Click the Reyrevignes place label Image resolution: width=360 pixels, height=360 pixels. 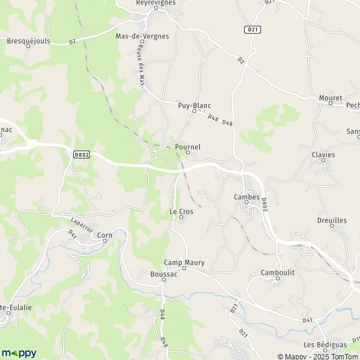tap(155, 3)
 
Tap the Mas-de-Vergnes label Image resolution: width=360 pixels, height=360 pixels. tap(142, 36)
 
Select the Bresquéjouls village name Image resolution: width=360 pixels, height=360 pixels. tap(28, 41)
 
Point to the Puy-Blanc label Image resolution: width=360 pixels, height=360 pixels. tap(194, 105)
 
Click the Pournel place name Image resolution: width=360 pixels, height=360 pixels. tap(188, 146)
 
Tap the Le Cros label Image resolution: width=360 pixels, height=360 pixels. tap(181, 211)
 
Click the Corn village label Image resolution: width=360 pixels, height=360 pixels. tap(105, 236)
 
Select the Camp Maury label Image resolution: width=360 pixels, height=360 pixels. tap(184, 262)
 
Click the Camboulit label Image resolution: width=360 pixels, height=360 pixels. tap(278, 272)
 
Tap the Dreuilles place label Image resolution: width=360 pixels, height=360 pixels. tap(332, 220)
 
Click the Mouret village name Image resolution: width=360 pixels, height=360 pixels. tap(331, 98)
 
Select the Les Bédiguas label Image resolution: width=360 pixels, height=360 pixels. tap(318, 344)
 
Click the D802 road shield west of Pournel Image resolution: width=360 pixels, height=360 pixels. tap(82, 154)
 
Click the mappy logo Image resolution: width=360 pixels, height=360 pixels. tap(19, 353)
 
